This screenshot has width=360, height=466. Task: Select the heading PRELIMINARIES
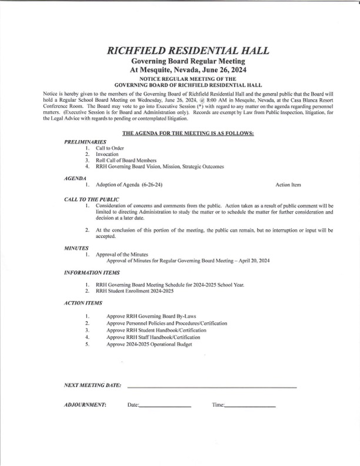[85, 142]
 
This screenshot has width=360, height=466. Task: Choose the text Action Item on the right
[288, 185]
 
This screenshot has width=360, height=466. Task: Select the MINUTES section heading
[76, 249]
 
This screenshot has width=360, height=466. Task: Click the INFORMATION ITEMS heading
[92, 274]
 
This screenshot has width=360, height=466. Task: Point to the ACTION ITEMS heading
[83, 303]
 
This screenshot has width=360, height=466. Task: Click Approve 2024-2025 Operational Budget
[149, 344]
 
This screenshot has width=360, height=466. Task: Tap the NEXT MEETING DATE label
[93, 385]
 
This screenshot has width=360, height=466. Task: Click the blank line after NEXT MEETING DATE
[212, 387]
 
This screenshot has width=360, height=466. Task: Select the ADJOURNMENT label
[85, 405]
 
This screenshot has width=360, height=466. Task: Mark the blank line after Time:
[250, 407]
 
